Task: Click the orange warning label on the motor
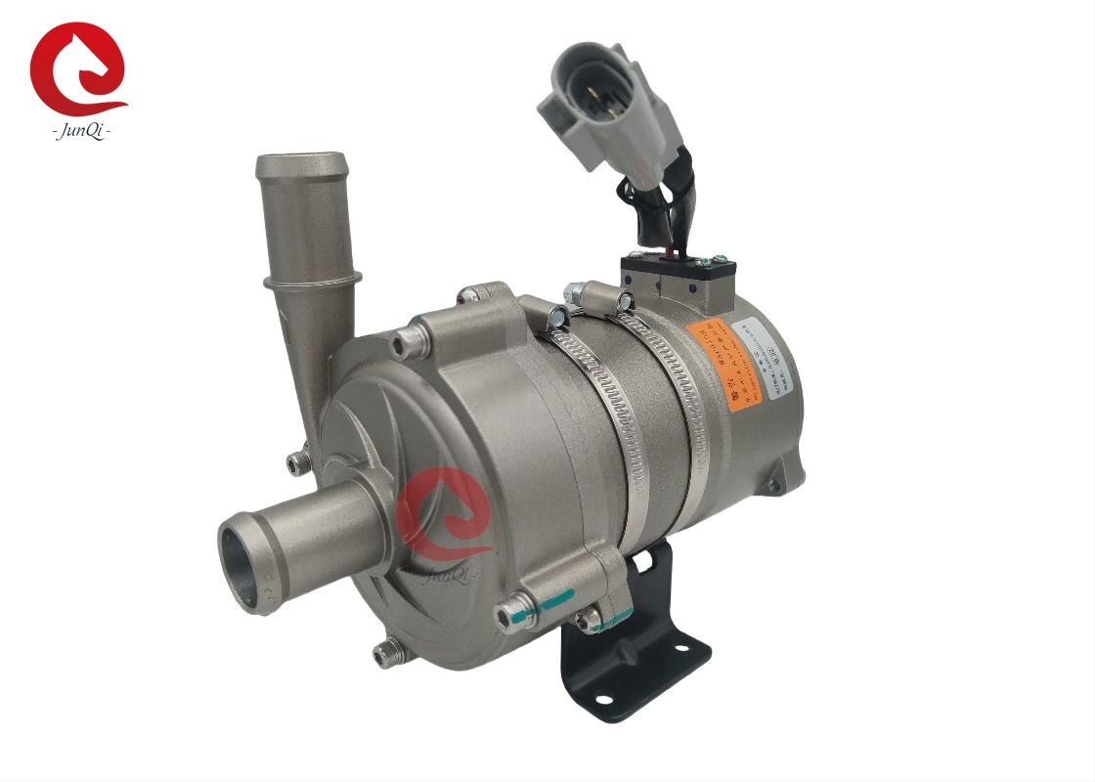[723, 361]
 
